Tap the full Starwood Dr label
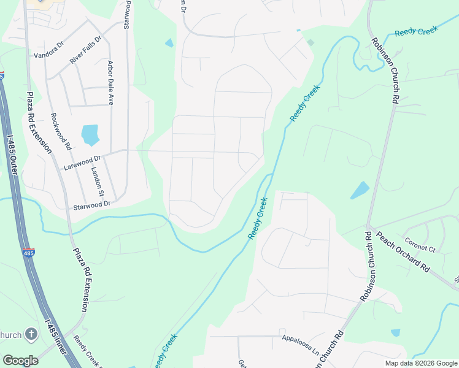(91, 203)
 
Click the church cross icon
(31, 334)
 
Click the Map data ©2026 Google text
(421, 363)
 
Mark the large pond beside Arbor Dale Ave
(90, 134)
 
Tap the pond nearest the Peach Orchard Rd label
(360, 190)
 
